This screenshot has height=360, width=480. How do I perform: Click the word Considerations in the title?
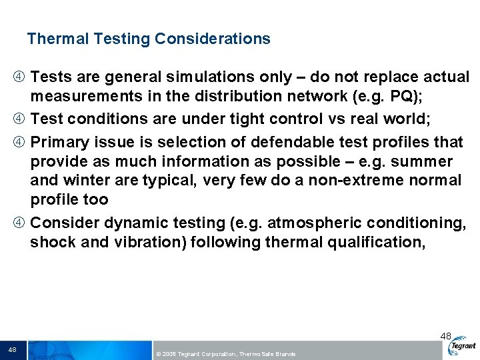(x=213, y=39)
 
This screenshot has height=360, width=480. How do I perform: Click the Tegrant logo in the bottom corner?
(x=462, y=346)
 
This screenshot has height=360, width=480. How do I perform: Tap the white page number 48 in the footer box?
(x=13, y=350)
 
